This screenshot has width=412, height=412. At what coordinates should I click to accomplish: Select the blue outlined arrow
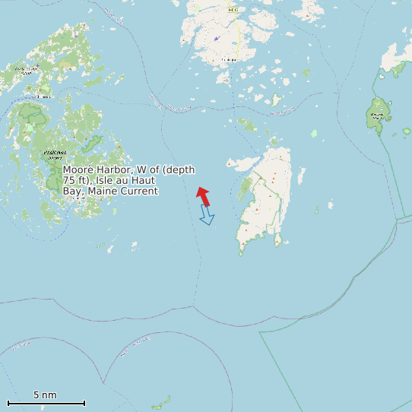tap(206, 215)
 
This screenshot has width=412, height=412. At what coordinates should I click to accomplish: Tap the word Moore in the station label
tap(78, 170)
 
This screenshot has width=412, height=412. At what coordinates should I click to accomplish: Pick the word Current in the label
tap(140, 191)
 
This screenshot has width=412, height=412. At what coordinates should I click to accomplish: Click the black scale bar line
tap(46, 403)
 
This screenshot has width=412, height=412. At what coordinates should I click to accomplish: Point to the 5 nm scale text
tap(45, 395)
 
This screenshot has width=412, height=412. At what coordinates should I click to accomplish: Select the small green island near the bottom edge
tap(160, 401)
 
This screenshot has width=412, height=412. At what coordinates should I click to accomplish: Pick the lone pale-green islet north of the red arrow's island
tap(313, 134)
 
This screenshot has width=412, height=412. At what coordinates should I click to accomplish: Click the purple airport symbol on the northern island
tap(216, 38)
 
